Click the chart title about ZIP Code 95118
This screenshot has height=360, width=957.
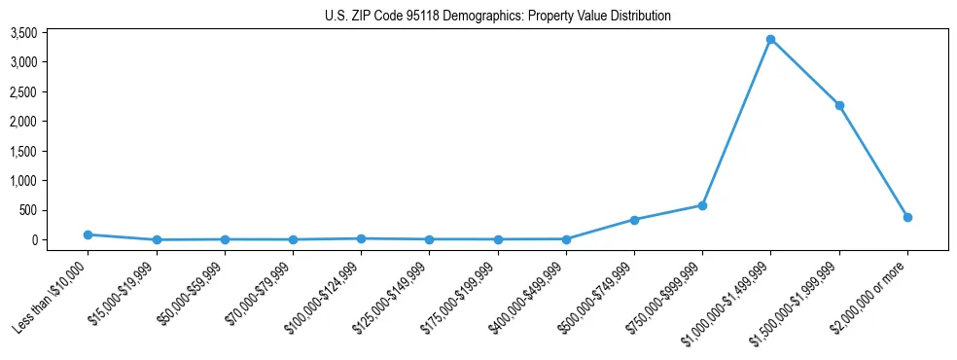[x=497, y=16]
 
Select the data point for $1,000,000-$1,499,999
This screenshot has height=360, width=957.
[x=770, y=40]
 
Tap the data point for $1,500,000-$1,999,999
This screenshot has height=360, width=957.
[x=838, y=105]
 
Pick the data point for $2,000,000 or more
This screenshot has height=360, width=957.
[x=906, y=217]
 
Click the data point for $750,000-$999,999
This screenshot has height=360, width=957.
[x=702, y=205]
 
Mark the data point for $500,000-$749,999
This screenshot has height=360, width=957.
[x=634, y=220]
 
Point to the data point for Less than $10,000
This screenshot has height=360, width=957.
[x=89, y=234]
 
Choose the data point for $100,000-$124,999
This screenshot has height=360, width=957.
[x=361, y=238]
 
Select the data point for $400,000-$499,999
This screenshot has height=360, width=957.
[x=566, y=238]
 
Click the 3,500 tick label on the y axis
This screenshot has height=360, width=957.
[x=51, y=33]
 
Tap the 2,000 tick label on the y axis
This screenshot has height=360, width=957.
[x=51, y=122]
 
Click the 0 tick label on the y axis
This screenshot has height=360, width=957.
[x=61, y=240]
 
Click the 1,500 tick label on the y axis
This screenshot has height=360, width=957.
[x=51, y=151]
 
